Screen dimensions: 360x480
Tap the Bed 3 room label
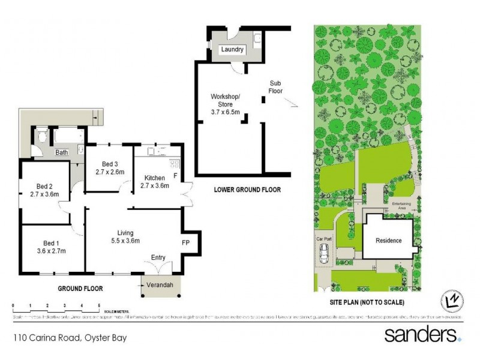point(109,164)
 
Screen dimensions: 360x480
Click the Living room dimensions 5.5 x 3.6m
point(125,241)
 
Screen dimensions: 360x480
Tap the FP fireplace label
point(186,242)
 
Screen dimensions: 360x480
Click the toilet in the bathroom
point(40,137)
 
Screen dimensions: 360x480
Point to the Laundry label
point(232,50)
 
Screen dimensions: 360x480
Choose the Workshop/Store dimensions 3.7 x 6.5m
point(225,112)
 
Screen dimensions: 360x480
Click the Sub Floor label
point(275,87)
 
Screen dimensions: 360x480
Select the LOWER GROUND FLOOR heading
point(247,190)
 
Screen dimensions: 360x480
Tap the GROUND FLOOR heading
point(80,289)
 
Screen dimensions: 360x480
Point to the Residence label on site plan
point(388,241)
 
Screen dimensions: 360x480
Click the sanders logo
point(422,334)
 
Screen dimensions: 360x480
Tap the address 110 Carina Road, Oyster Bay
point(70,338)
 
